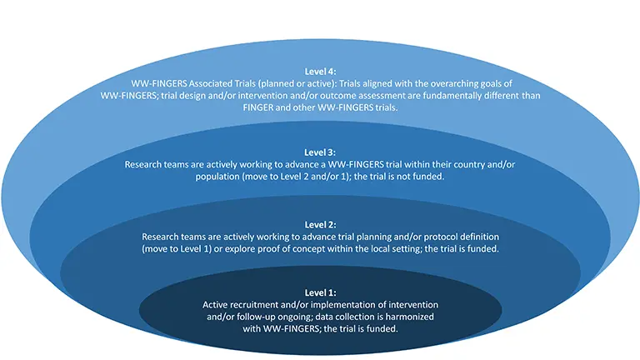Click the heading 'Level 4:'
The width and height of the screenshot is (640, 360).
pyautogui.click(x=319, y=72)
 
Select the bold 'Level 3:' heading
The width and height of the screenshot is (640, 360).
pyautogui.click(x=319, y=152)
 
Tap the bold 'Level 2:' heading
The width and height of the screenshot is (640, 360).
pyautogui.click(x=319, y=225)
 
